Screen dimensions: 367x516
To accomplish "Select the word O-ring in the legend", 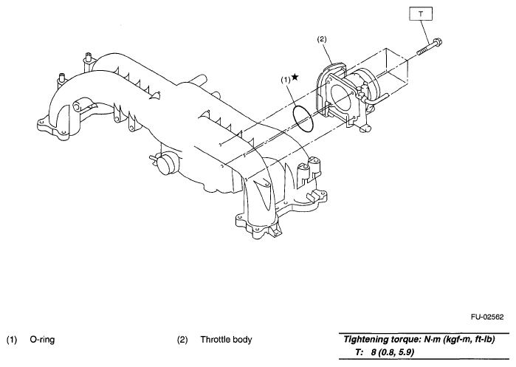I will click(x=44, y=340).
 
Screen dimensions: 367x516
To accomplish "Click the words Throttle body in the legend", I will click(x=226, y=340).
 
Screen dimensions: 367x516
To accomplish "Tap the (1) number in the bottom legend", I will click(x=12, y=340).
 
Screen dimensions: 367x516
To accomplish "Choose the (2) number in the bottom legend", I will click(x=182, y=340).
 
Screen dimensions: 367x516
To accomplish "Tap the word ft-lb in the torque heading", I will click(x=494, y=339).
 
